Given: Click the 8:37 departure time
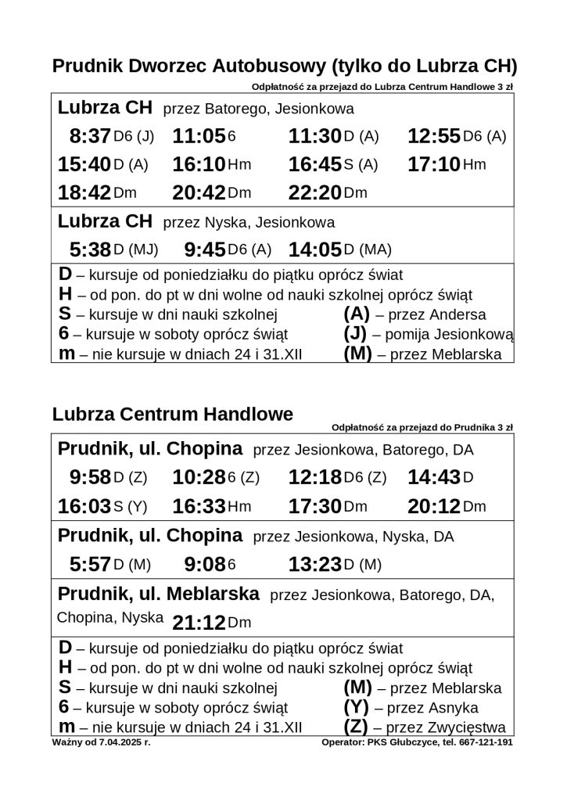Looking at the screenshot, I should [x=90, y=136].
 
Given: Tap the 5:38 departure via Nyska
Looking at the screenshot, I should [x=90, y=250].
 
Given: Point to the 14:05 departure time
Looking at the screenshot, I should [x=315, y=250].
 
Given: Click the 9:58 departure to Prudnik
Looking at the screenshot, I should [x=90, y=477].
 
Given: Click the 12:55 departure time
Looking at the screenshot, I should [x=434, y=136].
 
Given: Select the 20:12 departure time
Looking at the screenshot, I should [x=434, y=506].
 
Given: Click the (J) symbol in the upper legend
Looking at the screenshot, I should [x=357, y=335].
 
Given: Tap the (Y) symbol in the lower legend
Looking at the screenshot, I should [x=357, y=708].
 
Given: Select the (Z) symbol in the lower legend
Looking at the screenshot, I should [x=357, y=727].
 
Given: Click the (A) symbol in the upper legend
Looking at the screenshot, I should [x=357, y=315].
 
